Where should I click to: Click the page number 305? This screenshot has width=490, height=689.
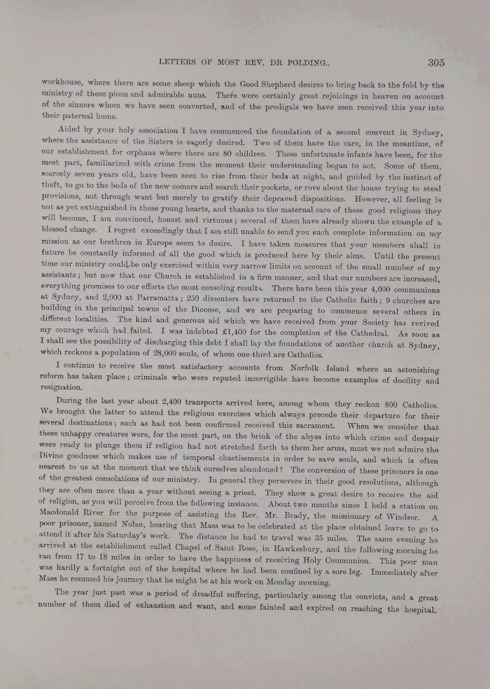[x=436, y=62]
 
